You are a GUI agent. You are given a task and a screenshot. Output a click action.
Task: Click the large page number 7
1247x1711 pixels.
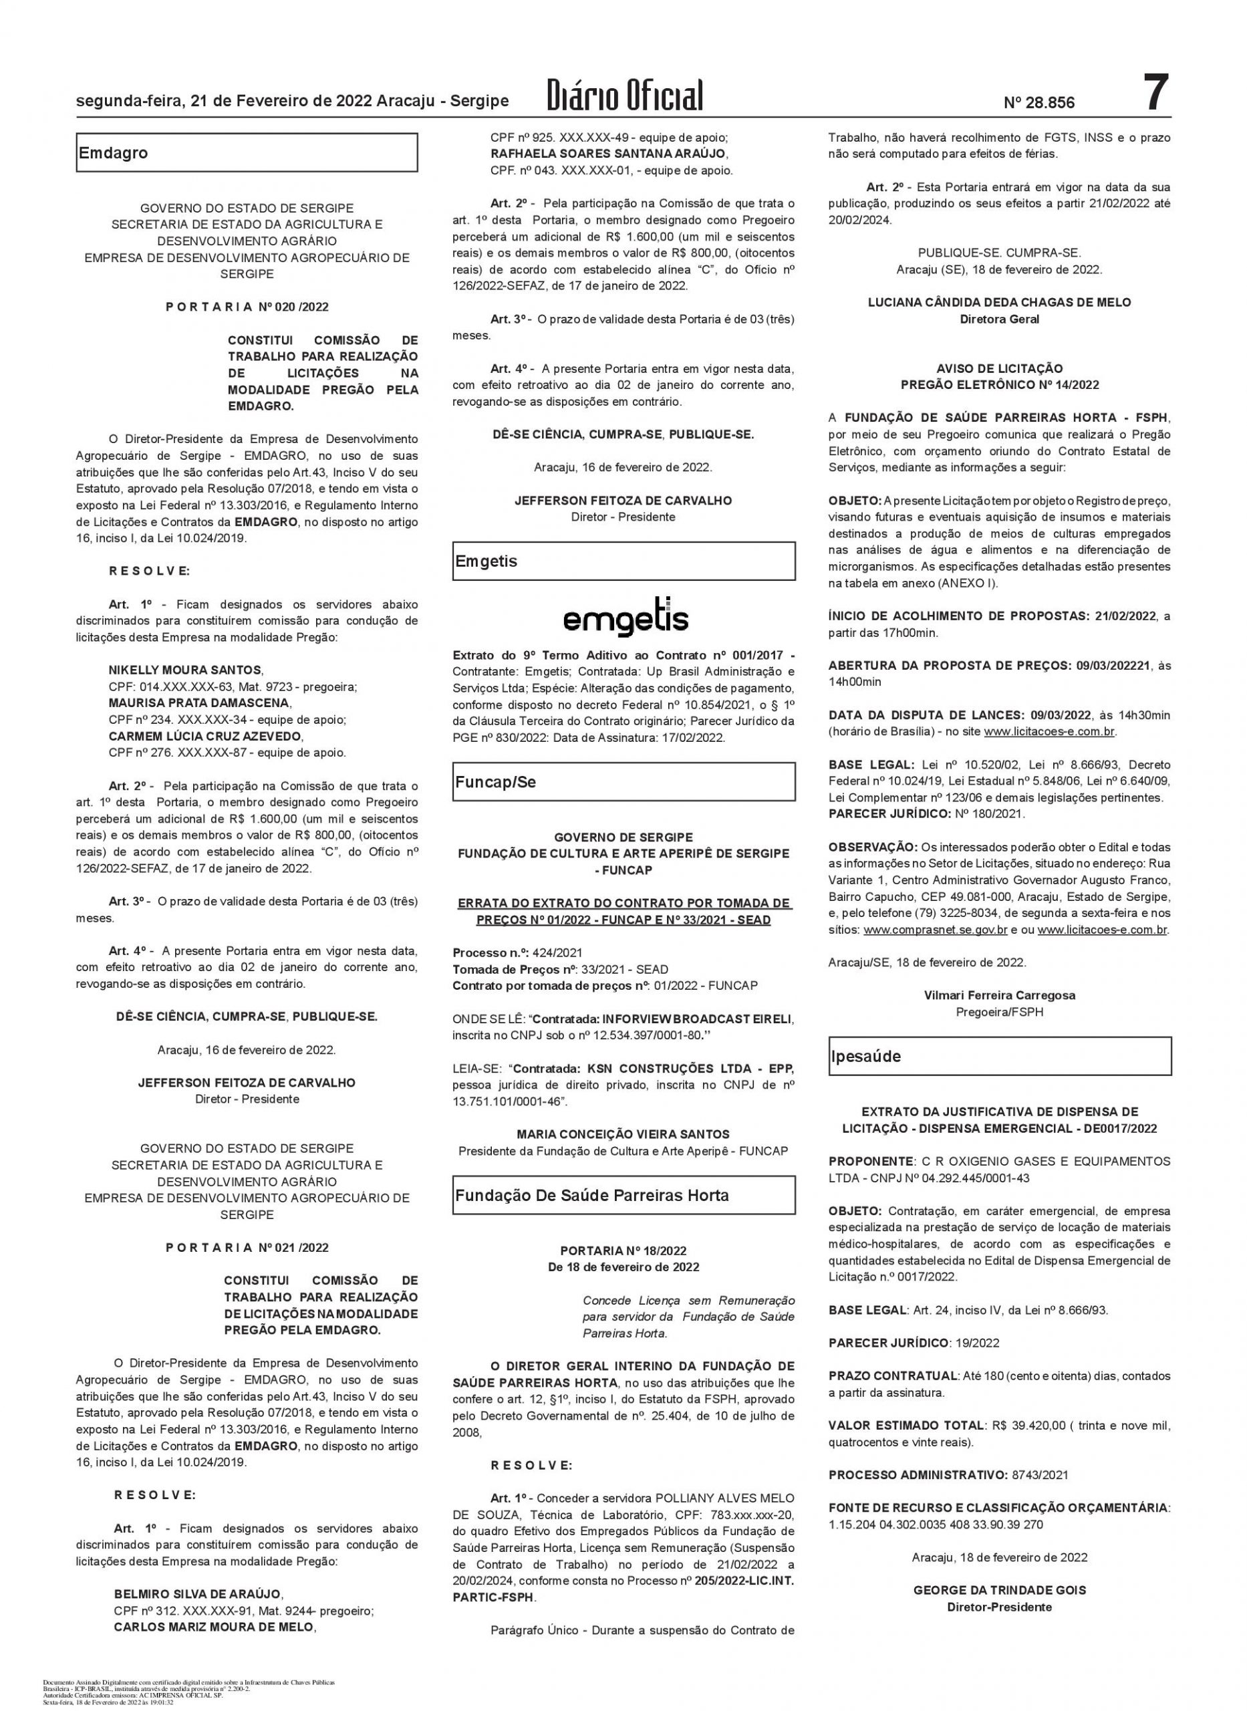(x=1154, y=94)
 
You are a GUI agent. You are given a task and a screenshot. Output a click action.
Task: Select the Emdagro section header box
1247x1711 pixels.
(x=246, y=152)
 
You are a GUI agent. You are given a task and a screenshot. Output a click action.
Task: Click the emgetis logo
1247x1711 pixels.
(x=626, y=619)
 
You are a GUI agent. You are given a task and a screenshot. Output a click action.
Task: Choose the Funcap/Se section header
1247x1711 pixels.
(x=623, y=782)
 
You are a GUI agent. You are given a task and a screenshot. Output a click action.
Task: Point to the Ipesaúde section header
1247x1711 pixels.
(x=1000, y=1056)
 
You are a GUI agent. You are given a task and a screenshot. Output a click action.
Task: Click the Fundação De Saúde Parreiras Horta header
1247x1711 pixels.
(x=623, y=1195)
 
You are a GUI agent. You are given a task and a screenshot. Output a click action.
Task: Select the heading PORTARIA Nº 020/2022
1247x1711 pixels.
(x=247, y=307)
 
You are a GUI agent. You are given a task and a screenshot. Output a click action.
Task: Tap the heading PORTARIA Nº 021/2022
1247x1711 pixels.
(x=247, y=1248)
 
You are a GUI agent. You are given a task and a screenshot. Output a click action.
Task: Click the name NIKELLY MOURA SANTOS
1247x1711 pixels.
(x=186, y=670)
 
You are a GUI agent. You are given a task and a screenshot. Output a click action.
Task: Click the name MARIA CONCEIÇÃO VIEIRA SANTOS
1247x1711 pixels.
(x=623, y=1134)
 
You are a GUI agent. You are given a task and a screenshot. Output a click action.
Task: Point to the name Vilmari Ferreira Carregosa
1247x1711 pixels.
(x=1000, y=995)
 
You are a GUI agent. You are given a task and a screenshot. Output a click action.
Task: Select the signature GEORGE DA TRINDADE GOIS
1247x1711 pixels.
(x=1000, y=1590)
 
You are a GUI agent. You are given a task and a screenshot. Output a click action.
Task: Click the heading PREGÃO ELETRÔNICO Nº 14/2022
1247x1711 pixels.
(x=1000, y=385)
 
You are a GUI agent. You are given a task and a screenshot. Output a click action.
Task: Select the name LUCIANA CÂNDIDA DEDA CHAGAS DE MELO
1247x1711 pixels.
(x=1000, y=302)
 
